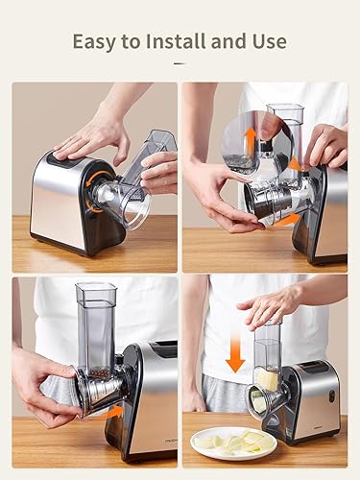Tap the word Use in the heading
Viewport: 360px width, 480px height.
pos(267,41)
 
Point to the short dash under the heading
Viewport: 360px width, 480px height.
pos(180,63)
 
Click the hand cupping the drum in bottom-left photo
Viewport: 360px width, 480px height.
pos(43,384)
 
